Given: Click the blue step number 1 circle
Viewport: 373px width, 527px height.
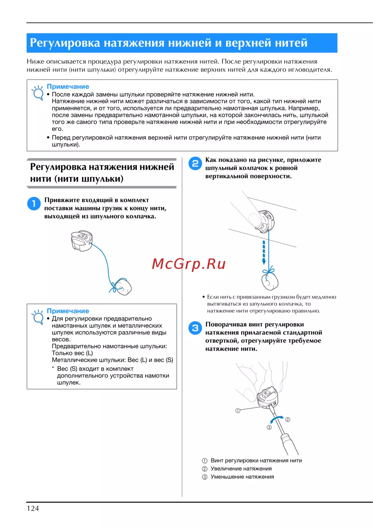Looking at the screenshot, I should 34,203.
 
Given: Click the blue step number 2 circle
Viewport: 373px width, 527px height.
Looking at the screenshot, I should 195,163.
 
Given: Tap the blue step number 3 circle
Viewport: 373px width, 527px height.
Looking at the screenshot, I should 195,328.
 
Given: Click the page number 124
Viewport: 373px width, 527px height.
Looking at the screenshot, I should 33,508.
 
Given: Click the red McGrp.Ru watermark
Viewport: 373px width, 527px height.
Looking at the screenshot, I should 189,264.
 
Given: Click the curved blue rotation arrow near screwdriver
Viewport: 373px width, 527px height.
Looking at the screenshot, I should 276,420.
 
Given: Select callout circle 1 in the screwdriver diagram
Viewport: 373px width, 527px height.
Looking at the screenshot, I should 238,410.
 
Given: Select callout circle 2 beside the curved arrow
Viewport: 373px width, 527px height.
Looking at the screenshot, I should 288,419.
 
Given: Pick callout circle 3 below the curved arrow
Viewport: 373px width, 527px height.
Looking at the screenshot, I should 269,427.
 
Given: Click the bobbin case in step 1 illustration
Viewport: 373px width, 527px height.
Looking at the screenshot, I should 82,240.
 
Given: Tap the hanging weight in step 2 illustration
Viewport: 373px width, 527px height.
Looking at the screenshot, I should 270,281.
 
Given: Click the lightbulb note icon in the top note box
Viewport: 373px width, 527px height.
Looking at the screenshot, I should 38,93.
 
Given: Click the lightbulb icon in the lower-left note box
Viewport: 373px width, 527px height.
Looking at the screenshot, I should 38,317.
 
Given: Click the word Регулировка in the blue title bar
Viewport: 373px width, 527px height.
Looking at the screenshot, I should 65,43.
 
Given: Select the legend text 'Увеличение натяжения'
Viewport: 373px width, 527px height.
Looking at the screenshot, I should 241,469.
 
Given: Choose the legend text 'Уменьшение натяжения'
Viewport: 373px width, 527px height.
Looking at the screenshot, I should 242,477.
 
